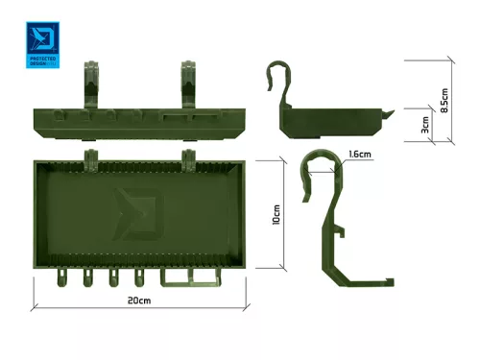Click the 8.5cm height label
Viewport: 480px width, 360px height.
click(x=444, y=99)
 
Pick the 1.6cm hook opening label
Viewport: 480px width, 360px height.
click(x=361, y=154)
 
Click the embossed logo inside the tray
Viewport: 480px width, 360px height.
click(x=128, y=211)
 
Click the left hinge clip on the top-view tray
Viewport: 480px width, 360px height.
click(x=92, y=156)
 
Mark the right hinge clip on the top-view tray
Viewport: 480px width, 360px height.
click(x=188, y=156)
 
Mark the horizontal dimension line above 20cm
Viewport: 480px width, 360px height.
click(x=139, y=309)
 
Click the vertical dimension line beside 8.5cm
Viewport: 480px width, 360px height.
click(x=454, y=101)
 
